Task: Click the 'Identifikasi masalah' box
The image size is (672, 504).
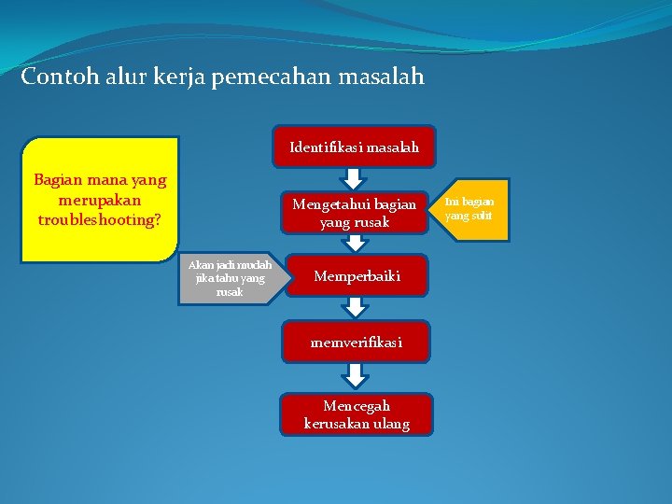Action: (354, 147)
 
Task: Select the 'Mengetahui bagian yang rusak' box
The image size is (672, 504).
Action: (354, 213)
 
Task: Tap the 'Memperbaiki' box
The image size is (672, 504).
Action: (357, 276)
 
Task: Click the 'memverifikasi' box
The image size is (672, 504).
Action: (357, 343)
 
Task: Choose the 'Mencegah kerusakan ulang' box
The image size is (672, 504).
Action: (357, 414)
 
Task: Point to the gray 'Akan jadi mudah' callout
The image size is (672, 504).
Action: (230, 278)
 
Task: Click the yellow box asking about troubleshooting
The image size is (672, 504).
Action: (100, 200)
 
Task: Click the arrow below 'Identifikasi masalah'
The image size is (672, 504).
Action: (354, 178)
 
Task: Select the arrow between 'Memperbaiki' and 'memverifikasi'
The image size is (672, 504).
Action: (356, 308)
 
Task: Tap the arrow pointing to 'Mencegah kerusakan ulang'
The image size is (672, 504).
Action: (356, 375)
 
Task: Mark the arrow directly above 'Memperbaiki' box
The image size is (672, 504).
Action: (356, 244)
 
